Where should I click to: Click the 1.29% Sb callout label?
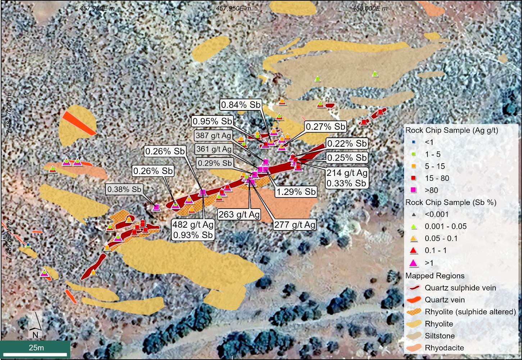[x=296, y=192]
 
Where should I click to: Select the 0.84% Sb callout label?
[x=241, y=105]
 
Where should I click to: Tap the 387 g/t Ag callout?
[x=213, y=136]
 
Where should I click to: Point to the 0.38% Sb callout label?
[x=124, y=189]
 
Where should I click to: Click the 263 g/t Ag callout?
[x=239, y=214]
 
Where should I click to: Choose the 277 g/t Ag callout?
[x=295, y=225]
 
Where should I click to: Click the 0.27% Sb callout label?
[x=326, y=127]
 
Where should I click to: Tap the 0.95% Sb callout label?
[x=212, y=121]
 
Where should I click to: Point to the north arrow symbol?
[x=35, y=322]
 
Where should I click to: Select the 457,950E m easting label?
[x=233, y=8]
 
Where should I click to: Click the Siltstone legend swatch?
[x=413, y=336]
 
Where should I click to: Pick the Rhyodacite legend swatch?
[x=413, y=348]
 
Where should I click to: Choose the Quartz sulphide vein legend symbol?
[x=413, y=288]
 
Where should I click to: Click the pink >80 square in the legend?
[x=414, y=190]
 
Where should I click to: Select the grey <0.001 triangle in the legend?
[x=414, y=215]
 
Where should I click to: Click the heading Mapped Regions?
[x=435, y=276]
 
